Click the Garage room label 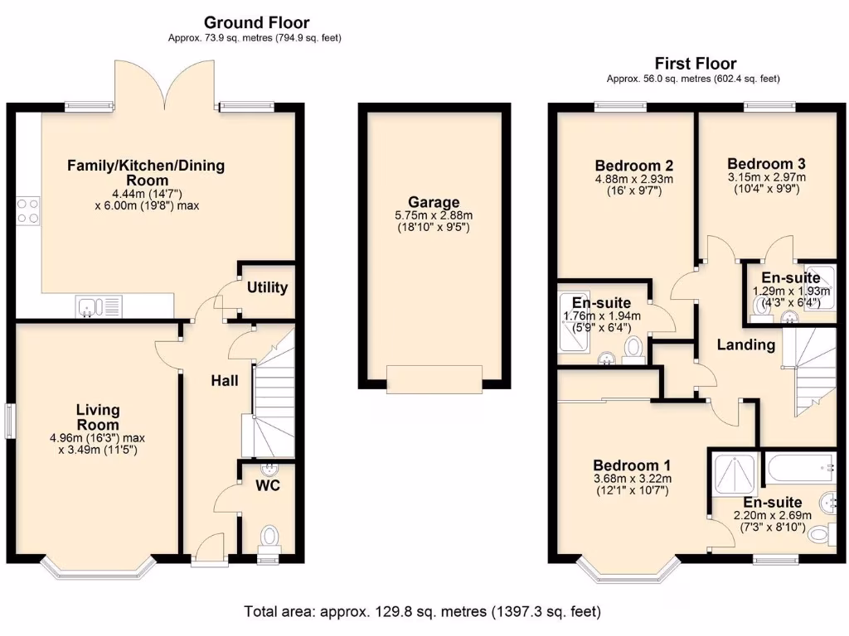(x=434, y=202)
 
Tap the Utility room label (x=268, y=287)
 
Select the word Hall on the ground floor (x=224, y=381)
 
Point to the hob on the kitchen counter (x=27, y=210)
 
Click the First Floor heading (x=695, y=64)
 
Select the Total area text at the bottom (x=422, y=612)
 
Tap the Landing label (x=747, y=344)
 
